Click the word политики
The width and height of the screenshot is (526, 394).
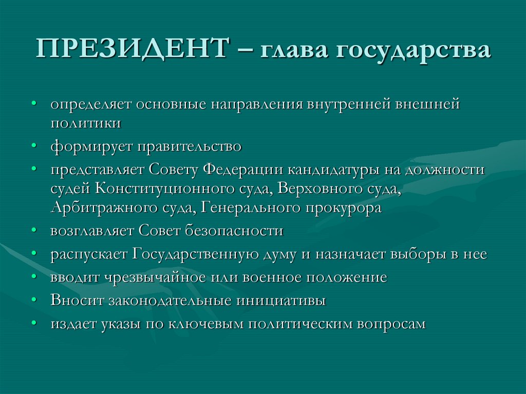coord(86,123)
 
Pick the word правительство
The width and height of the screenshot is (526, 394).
coord(189,147)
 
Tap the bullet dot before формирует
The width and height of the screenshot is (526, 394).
coord(33,146)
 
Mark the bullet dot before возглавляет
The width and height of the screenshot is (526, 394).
coord(33,230)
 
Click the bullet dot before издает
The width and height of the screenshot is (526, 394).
coord(33,324)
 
